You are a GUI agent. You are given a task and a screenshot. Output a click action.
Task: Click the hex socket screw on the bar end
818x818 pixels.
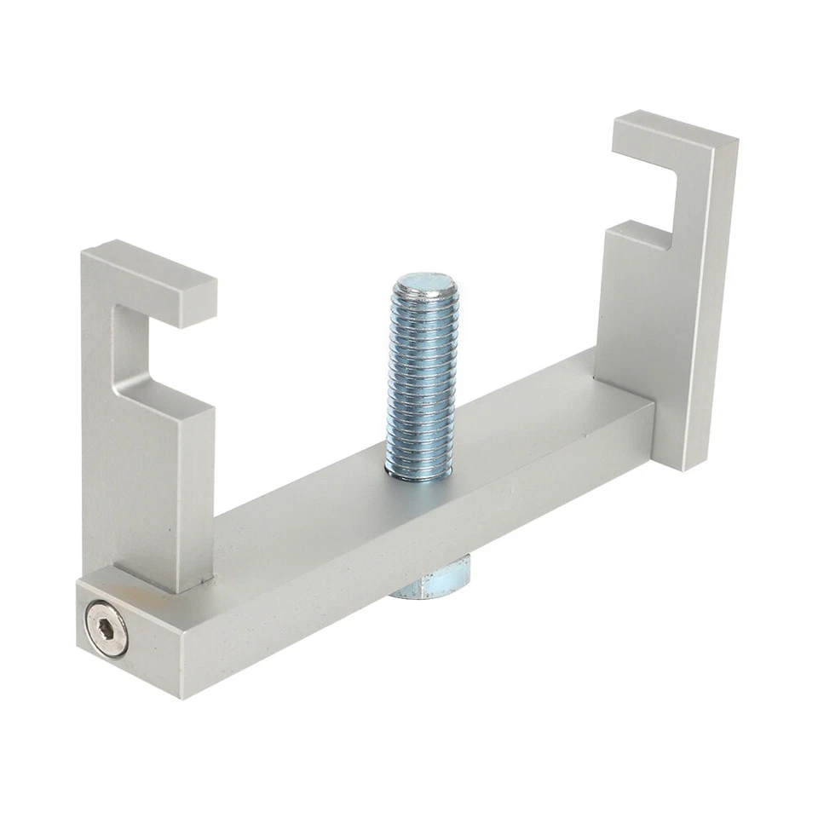pos(107,627)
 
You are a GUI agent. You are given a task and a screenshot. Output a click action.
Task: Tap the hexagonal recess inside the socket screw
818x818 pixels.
pos(107,626)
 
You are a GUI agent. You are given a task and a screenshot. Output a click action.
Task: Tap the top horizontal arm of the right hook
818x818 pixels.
pos(673,136)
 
